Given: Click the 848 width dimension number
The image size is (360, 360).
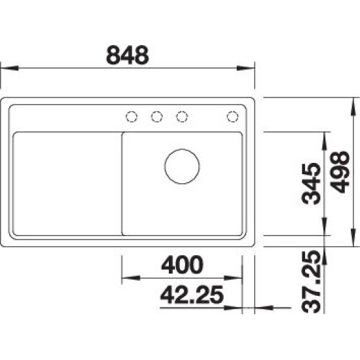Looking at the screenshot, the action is coord(128,55).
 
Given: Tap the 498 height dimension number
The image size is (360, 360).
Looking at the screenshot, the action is coord(340,171).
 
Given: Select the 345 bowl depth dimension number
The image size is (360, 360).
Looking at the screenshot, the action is coord(311,184).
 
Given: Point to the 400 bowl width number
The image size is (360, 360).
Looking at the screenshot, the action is coord(182,264).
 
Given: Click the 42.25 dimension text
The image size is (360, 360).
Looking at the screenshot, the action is coord(192,295).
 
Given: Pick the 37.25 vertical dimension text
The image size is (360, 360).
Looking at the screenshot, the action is coord(311,281).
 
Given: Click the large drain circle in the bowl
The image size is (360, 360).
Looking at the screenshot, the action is coord(182,166).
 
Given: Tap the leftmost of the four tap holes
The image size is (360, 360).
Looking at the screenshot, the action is coord(132,117).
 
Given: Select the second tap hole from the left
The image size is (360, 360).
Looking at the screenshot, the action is coord(157,117).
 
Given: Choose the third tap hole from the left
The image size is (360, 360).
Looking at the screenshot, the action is coord(182,117).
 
